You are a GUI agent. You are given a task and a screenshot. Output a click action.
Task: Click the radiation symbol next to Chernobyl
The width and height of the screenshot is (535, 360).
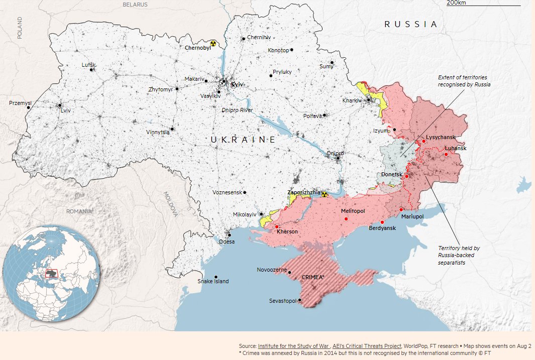[213, 44]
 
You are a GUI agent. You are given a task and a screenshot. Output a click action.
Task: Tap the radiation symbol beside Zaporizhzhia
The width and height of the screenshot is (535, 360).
[324, 193]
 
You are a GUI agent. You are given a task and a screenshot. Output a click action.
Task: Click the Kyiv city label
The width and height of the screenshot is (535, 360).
[237, 85]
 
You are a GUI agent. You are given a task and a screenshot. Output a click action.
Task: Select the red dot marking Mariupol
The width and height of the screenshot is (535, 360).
[401, 209]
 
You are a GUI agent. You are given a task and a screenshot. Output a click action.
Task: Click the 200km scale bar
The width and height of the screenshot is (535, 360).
[476, 5]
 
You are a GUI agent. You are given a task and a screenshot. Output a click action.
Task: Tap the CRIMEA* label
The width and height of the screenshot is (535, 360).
[313, 277]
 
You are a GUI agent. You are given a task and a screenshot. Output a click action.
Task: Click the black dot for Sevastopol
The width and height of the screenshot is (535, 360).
[300, 300]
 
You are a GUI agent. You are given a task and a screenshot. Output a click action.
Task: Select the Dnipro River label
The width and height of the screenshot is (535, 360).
[237, 110]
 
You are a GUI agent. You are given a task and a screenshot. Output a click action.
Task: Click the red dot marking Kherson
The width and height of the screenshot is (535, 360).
[277, 227]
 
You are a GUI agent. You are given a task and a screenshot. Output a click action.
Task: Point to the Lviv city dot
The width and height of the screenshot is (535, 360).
[60, 105]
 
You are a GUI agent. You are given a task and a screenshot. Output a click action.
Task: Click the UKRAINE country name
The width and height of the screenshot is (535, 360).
[243, 140]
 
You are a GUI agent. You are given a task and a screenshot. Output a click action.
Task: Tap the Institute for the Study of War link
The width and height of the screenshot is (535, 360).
[294, 346]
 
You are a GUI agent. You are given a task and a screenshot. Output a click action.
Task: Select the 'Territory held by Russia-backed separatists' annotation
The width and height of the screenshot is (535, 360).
[459, 255]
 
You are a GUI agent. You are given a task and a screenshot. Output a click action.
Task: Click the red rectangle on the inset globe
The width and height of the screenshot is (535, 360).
[52, 273]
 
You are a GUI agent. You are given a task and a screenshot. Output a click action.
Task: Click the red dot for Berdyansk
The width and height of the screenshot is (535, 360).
[382, 222]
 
